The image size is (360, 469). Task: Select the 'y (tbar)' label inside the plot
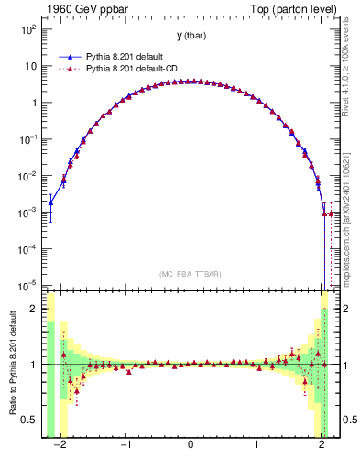(191, 36)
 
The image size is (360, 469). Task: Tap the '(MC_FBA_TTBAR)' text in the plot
(191, 274)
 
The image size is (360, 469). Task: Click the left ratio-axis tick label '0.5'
(29, 420)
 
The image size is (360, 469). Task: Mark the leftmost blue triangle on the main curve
(51, 202)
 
